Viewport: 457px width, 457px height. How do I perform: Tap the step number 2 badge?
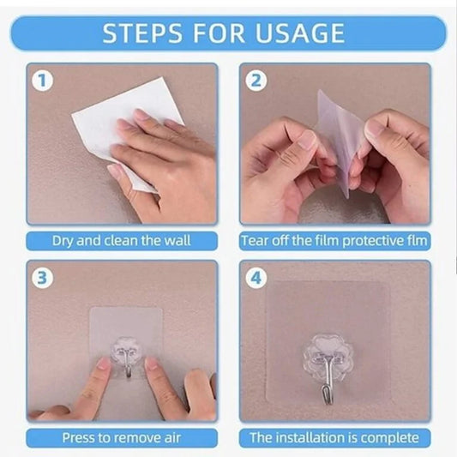pos(256,81)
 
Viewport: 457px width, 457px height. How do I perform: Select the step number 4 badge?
pos(256,278)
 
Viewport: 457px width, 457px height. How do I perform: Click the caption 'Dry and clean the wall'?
pos(122,241)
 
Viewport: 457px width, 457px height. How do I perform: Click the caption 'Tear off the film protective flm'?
pos(334,241)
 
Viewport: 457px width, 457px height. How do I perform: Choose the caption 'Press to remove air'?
pos(122,437)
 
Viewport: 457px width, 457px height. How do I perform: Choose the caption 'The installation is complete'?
pos(334,437)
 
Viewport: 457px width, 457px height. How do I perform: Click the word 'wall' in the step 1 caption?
pos(177,241)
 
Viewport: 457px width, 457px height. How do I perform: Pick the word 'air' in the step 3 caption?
pos(172,437)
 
